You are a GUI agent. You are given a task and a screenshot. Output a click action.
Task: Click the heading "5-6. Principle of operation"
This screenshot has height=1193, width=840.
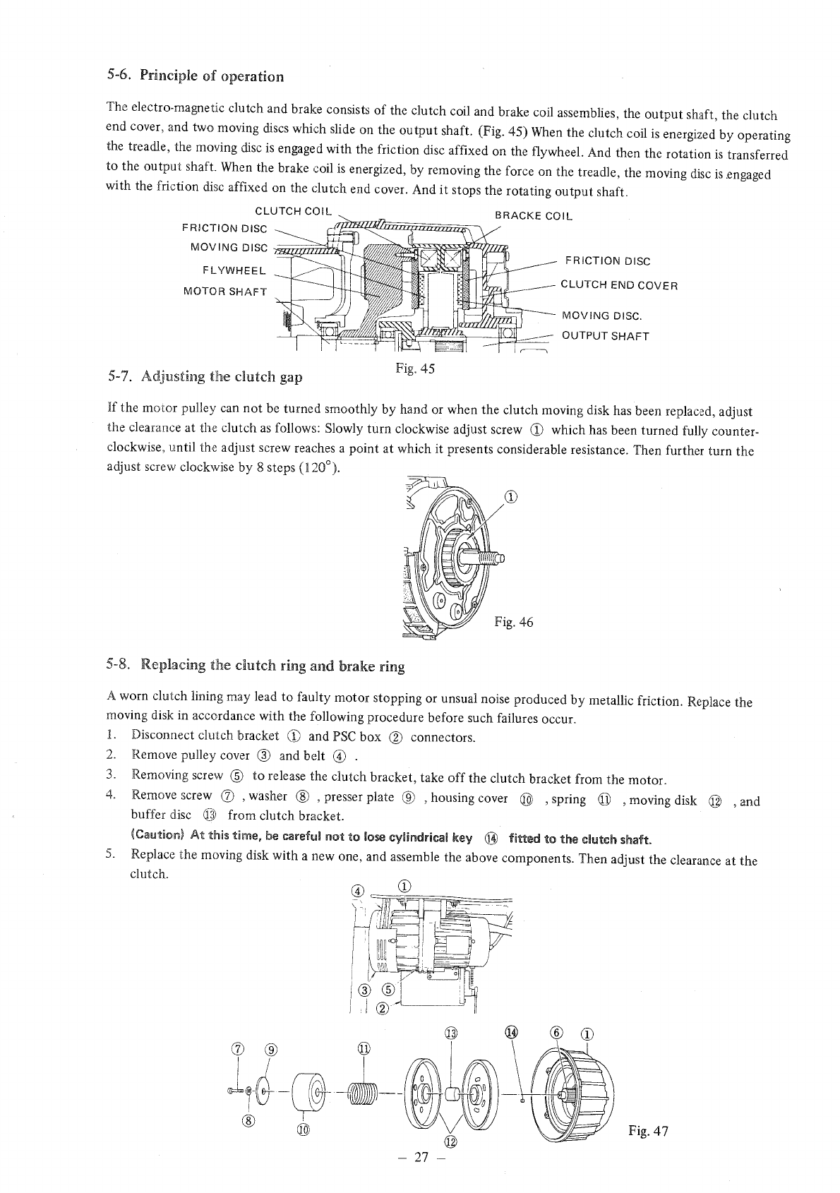pos(196,76)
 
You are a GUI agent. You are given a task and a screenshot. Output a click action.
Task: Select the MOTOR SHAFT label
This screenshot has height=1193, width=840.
pos(224,292)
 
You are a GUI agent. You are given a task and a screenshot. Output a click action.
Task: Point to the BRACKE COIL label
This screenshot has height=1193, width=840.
pos(534,215)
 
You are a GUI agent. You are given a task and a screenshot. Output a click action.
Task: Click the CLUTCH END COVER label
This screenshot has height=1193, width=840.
pos(618,286)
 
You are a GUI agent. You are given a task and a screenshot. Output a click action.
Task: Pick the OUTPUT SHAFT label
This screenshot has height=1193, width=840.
pos(605,336)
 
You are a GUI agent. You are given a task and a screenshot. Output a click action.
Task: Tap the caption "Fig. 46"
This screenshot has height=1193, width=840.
pos(514,622)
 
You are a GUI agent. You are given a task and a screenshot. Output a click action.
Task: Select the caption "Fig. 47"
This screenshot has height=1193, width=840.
pos(648,1132)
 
